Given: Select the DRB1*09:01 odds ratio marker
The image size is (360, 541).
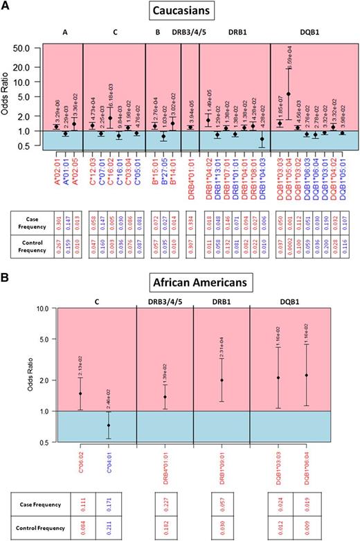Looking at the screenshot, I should (x=221, y=380).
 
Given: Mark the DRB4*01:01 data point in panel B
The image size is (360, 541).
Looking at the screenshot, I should (x=164, y=397).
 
